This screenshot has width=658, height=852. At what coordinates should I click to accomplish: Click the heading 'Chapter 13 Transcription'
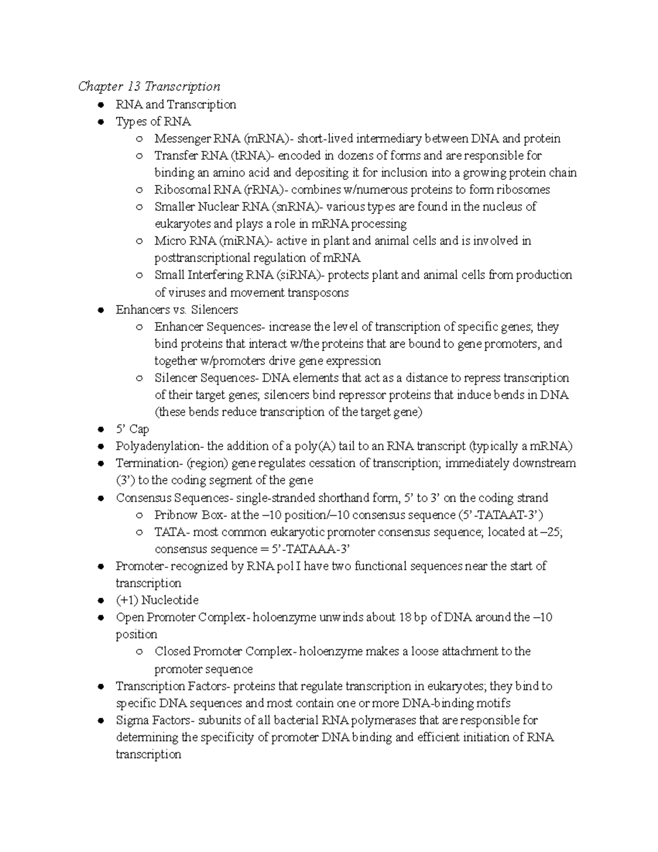149,87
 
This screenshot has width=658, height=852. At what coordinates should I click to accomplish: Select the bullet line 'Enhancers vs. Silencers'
177,310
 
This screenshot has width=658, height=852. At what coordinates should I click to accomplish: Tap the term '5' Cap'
132,429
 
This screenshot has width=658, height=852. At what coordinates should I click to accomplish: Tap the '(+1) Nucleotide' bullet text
157,600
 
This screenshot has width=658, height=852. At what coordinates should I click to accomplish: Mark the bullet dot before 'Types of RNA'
100,122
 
